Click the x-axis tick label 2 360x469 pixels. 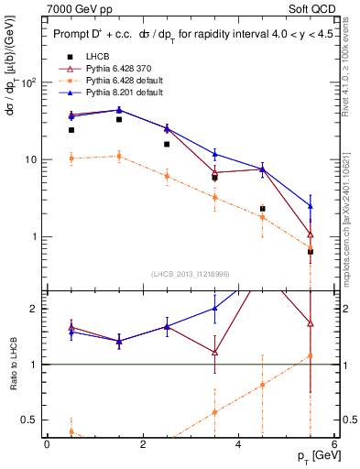143,444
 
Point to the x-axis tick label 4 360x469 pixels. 238,444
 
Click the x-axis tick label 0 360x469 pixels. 47,444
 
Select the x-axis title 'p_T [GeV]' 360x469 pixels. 311,455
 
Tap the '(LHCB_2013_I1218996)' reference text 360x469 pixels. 190,275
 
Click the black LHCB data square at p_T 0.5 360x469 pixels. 71,130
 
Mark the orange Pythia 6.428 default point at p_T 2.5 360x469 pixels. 167,176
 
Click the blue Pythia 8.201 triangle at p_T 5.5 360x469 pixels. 311,206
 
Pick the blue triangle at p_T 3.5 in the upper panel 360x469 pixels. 214,154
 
